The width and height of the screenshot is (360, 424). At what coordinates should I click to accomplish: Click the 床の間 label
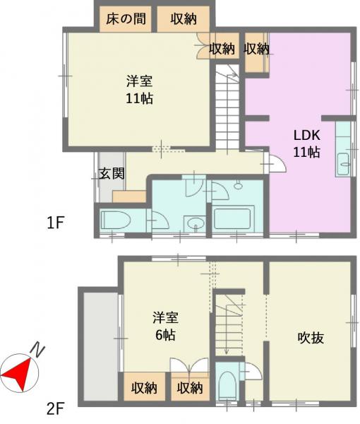pos(126,19)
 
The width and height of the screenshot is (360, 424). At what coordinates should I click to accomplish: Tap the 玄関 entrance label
pos(112,173)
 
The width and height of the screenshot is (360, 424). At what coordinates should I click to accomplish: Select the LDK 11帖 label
pos(307,143)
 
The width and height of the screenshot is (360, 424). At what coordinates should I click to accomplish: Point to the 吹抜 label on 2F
pos(311,338)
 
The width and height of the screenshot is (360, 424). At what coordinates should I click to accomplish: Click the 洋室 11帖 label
pos(140,90)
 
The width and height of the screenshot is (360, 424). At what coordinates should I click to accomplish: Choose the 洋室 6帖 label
pos(166,326)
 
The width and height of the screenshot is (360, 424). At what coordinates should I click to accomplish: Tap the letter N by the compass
pos(37,351)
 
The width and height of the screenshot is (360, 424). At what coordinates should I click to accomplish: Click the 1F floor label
pos(55,223)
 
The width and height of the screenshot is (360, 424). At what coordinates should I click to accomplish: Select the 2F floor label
pos(55,408)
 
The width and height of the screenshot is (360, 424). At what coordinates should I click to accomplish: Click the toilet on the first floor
pos(115,220)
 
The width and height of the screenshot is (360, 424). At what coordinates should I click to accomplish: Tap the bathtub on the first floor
pos(234,219)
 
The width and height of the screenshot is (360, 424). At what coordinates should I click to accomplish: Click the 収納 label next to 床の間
pos(184,19)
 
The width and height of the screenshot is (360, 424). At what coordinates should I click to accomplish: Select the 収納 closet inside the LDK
pos(256,52)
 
